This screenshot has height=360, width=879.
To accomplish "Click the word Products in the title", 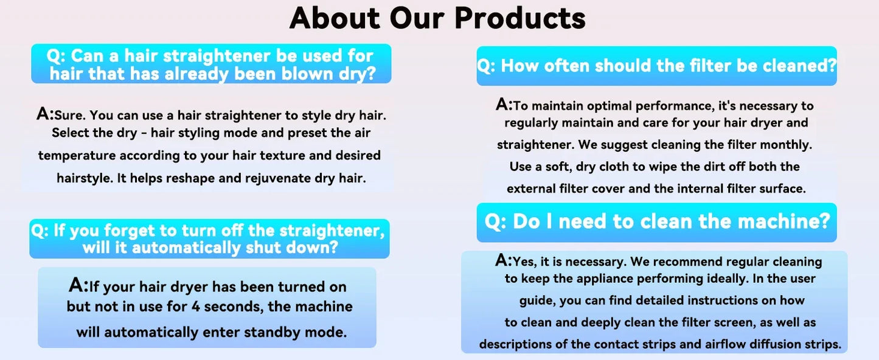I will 519,18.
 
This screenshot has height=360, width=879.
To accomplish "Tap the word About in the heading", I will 334,18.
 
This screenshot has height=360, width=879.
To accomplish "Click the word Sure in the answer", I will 69,115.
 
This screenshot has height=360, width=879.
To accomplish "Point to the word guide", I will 537,300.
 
